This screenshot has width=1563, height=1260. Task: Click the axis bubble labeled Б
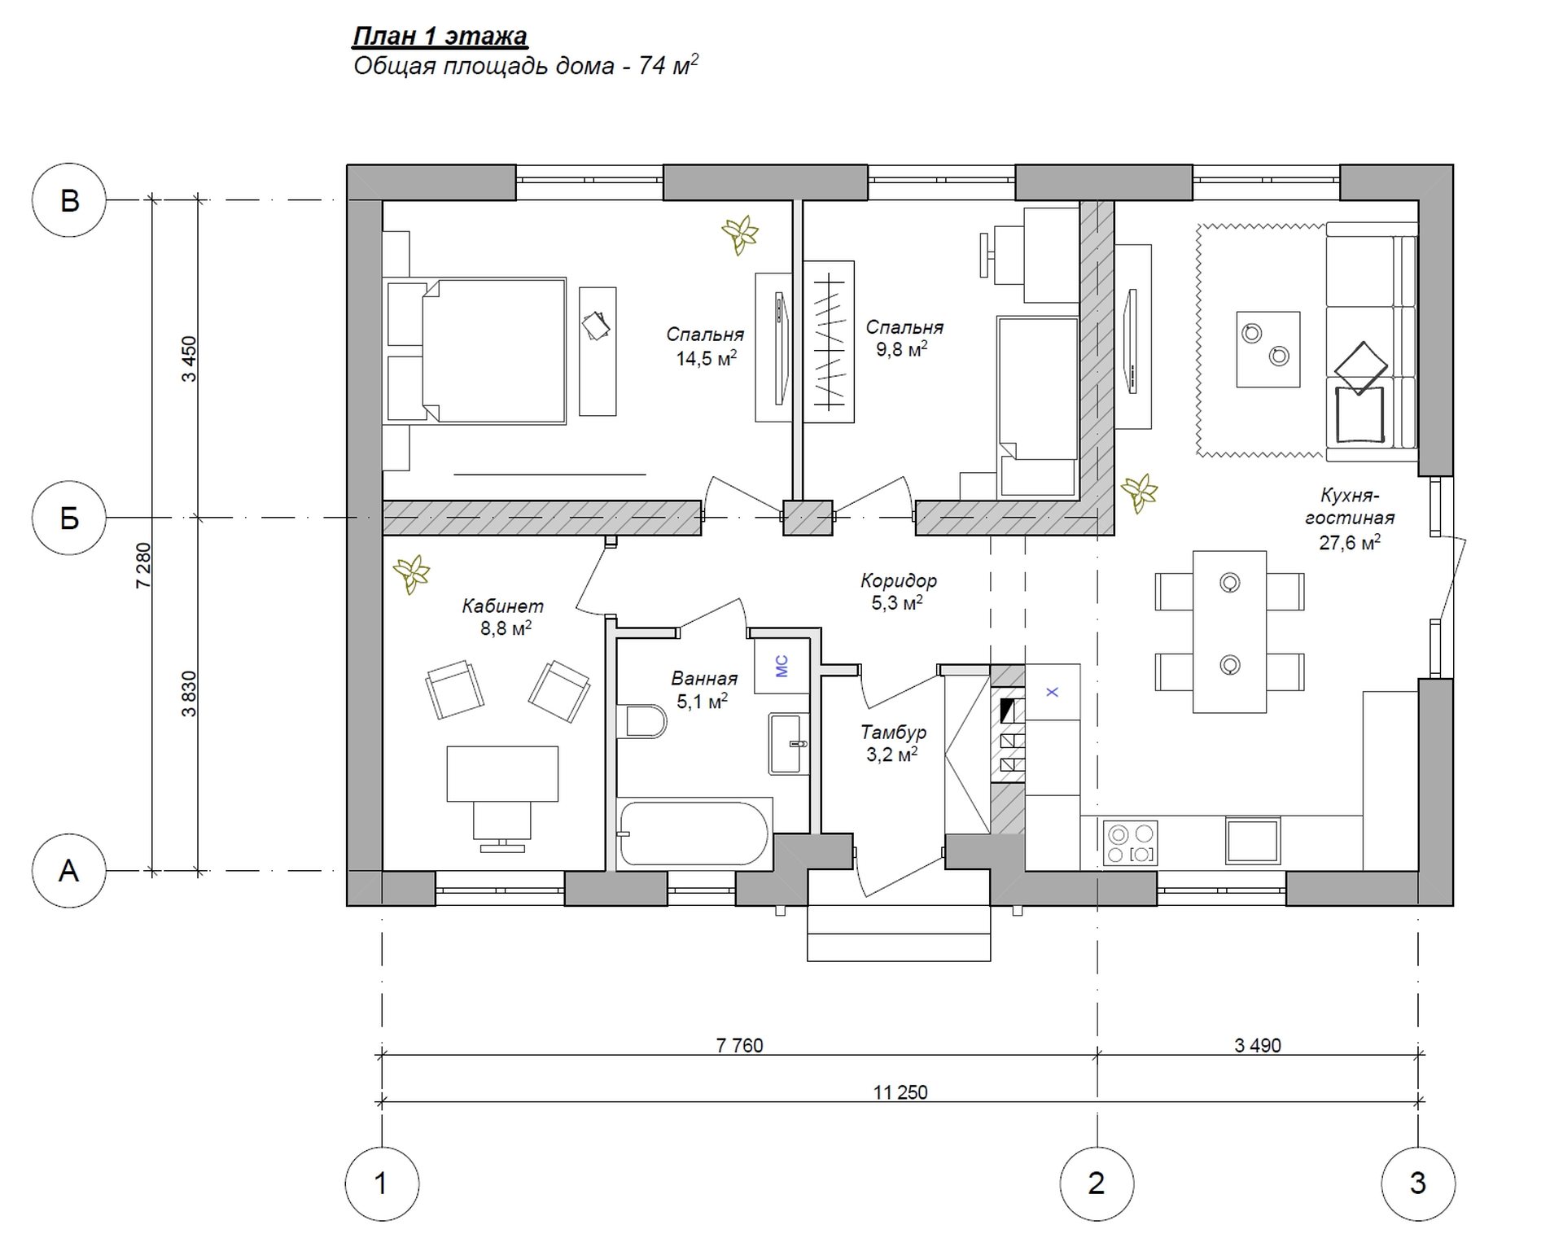coord(69,518)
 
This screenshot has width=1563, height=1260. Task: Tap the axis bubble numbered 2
coord(1097,1183)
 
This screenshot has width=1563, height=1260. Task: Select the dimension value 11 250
coord(900,1092)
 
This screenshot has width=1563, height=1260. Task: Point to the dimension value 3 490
coord(1258,1045)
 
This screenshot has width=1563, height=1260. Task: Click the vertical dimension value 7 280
coord(143,565)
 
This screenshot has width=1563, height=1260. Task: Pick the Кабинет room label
coord(502,606)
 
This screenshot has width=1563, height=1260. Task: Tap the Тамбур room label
coord(893,733)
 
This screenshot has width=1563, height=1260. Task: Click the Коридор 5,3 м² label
coord(899,592)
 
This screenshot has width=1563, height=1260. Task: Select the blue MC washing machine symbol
coord(782,667)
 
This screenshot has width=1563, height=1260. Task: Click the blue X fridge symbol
coord(1052,692)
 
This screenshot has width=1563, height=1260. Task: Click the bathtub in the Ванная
coord(694,834)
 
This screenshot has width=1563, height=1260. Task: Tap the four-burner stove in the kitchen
coord(1130,842)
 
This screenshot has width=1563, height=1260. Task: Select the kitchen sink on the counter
coord(1253,840)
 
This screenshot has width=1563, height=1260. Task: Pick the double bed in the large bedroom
coord(476,352)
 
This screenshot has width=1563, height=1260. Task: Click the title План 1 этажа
coord(440,37)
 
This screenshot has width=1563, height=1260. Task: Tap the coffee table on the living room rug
coord(1267,348)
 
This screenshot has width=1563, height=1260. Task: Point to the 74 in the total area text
coord(652,66)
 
